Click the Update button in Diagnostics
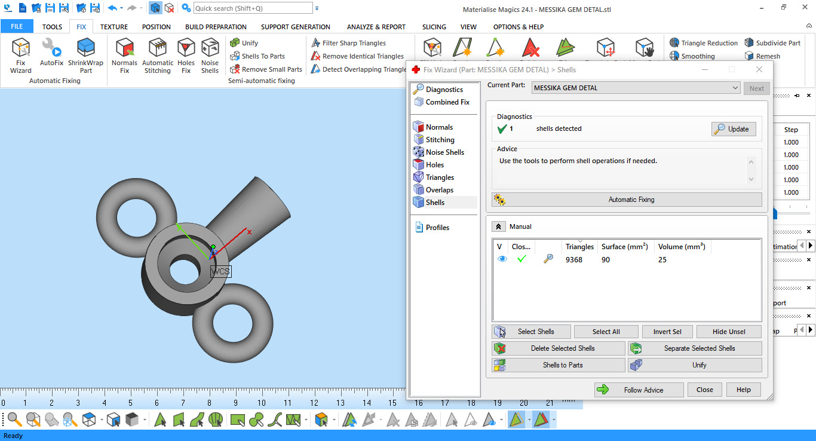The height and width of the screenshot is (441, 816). (734, 129)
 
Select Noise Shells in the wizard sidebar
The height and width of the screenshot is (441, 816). (444, 152)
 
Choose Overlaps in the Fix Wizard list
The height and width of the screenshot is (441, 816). (439, 190)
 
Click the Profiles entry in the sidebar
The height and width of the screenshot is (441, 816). (437, 228)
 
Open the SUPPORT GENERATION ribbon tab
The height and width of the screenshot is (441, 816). (295, 27)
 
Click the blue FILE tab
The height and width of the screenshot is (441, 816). (17, 27)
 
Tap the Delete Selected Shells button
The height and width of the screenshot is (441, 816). (558, 348)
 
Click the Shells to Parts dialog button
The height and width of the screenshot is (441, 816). (558, 365)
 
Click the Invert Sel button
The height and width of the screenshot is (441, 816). (667, 332)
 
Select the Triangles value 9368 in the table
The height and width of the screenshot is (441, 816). (574, 260)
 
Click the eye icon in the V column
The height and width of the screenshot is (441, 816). (502, 259)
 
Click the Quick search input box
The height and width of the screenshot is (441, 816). (253, 8)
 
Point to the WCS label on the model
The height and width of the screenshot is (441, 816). (220, 271)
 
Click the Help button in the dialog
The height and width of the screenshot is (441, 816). (743, 390)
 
